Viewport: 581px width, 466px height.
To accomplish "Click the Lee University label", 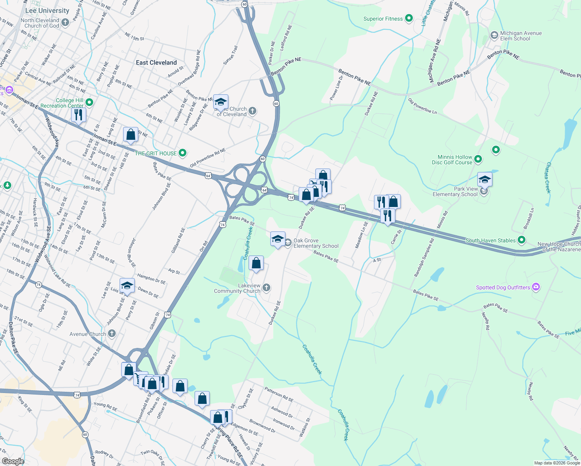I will click(x=47, y=11).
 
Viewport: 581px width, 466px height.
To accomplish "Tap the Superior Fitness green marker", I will click(x=409, y=18).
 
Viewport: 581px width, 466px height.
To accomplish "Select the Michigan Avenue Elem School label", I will click(x=520, y=36).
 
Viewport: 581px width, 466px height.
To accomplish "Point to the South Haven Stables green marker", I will click(x=522, y=240).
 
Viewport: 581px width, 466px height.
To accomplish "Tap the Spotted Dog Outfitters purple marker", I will click(x=536, y=287).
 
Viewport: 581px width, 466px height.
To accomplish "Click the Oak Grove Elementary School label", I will click(x=316, y=243).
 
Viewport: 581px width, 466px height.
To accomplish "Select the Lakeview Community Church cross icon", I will click(x=266, y=288).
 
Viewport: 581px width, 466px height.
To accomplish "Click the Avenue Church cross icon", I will click(x=111, y=334).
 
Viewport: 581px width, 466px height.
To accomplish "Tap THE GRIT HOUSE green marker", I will click(x=182, y=153).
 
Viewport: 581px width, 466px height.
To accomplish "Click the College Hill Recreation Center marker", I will click(x=89, y=103).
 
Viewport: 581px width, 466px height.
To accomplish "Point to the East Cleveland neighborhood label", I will click(x=156, y=63).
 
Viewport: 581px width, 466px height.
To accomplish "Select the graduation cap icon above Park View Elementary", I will click(x=485, y=179).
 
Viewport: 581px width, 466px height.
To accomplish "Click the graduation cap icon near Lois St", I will click(x=127, y=286).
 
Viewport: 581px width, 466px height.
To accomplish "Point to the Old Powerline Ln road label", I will click(x=422, y=106).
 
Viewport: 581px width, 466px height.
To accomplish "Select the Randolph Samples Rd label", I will click(x=424, y=257).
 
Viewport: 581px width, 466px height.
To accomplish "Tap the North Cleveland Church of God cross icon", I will click(x=65, y=23).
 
